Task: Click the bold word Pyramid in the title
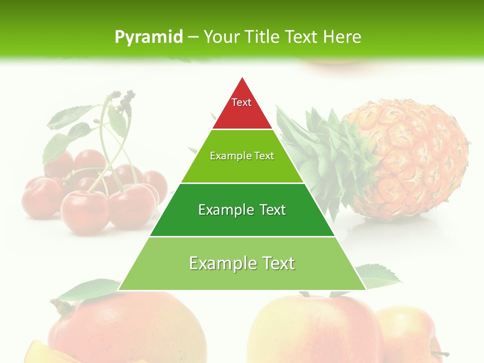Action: click(x=149, y=37)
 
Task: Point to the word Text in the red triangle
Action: click(x=241, y=102)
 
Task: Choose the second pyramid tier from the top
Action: click(x=242, y=166)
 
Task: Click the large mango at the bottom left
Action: click(x=126, y=328)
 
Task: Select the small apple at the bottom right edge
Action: click(x=406, y=333)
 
